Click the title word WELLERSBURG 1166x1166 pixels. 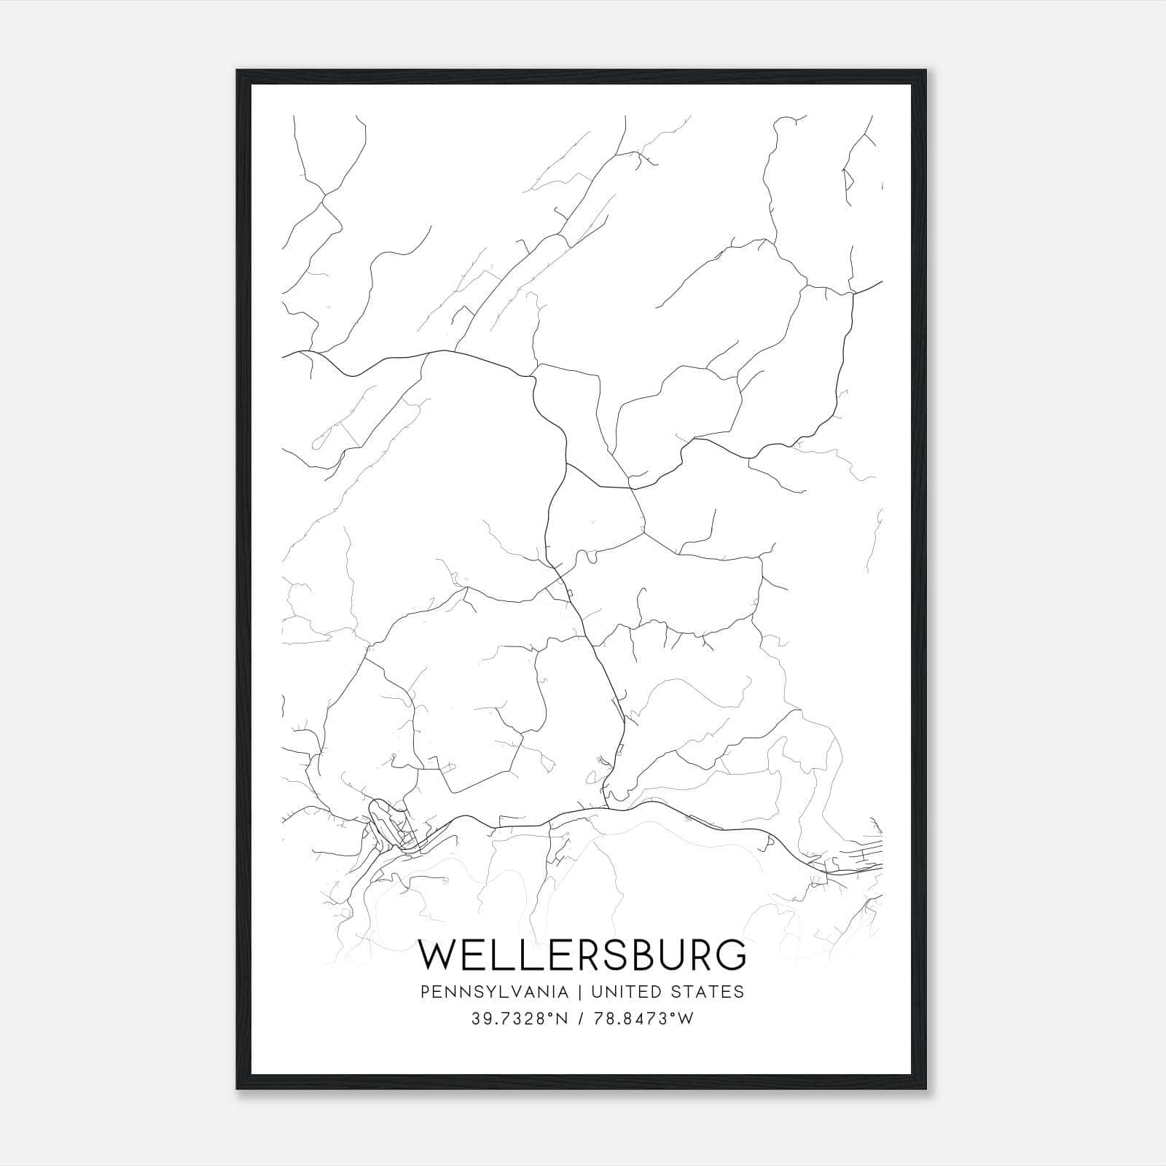click(582, 955)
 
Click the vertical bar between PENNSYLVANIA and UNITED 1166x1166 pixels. click(581, 992)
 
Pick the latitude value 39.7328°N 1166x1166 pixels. click(520, 1019)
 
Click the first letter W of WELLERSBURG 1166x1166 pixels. click(437, 955)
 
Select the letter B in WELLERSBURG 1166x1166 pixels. click(642, 955)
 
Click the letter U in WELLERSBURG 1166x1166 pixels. click(670, 955)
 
